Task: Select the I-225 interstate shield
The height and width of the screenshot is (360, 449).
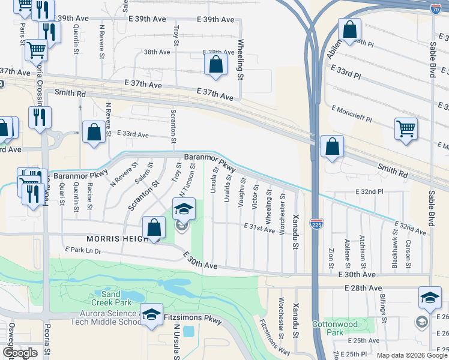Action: point(316,224)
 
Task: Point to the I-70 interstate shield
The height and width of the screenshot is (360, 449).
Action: point(436,8)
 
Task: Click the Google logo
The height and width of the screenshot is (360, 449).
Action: point(20,353)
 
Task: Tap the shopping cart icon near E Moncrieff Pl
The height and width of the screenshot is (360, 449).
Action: point(406,129)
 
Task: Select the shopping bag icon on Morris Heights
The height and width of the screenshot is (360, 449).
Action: point(154,227)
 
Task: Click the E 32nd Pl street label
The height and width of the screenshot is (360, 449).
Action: point(369,191)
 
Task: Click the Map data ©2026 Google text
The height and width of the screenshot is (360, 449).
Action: point(411,355)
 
